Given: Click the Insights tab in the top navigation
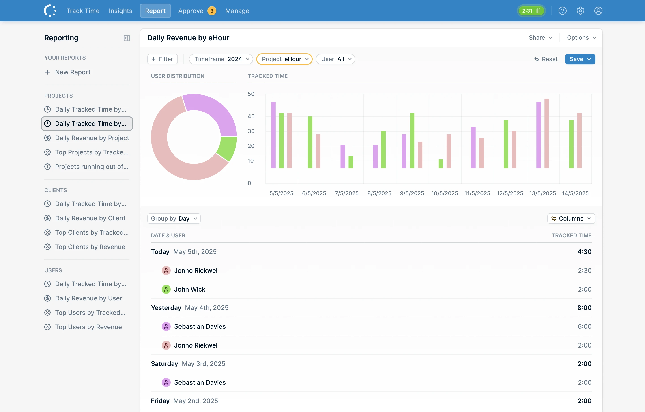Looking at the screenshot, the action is (x=120, y=11).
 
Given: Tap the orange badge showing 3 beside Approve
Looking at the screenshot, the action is (x=212, y=11).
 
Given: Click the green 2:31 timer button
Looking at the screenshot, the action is (x=531, y=11).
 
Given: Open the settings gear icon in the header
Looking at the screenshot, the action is (x=580, y=11).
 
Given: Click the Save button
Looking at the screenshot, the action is (x=580, y=59).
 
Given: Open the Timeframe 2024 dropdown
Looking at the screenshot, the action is (x=221, y=59).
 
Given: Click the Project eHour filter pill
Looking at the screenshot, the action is (x=284, y=59).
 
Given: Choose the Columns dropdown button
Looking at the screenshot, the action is (x=571, y=218).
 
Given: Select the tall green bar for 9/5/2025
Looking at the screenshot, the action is (x=412, y=140).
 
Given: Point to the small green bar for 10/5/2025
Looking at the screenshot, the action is (x=441, y=164).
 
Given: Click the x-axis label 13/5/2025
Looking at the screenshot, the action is (x=542, y=193).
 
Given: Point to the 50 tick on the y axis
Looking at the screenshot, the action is (x=251, y=94).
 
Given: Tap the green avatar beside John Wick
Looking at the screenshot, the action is (x=166, y=289).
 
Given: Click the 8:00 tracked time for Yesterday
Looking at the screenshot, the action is (x=584, y=307).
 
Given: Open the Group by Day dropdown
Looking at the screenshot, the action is (x=174, y=218).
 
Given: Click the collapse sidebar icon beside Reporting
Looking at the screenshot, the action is (x=127, y=38).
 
